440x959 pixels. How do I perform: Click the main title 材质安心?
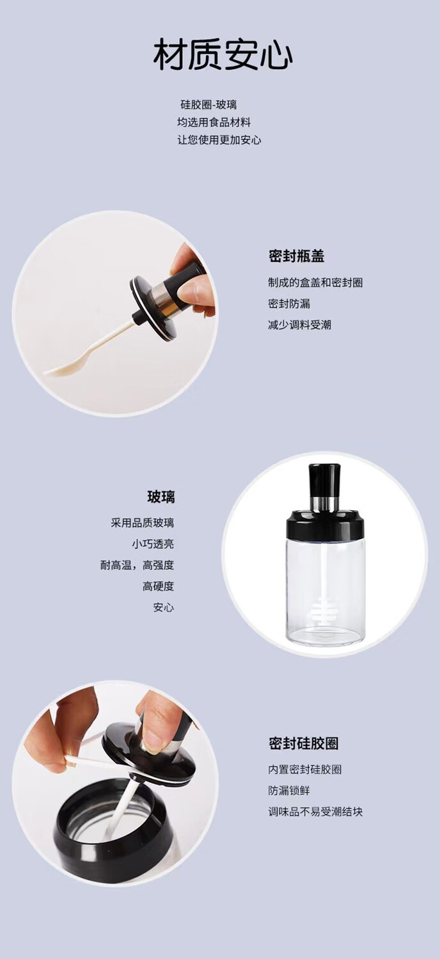tap(223, 54)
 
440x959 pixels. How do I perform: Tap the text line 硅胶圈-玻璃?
tap(208, 104)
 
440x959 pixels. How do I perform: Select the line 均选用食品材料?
tap(214, 122)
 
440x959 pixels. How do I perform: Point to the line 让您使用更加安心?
tap(219, 140)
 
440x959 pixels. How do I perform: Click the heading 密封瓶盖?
tap(296, 256)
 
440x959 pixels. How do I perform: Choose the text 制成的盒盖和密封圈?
tap(315, 282)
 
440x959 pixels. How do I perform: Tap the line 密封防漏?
tap(289, 304)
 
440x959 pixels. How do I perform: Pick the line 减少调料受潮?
tap(299, 325)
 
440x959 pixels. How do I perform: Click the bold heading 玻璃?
tap(161, 497)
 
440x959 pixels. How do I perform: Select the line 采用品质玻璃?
tap(143, 523)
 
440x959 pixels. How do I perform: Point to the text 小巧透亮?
tap(153, 544)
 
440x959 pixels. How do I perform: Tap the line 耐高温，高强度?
tap(137, 565)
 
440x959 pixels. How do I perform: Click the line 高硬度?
tap(158, 586)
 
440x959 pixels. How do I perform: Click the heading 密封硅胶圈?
tap(304, 743)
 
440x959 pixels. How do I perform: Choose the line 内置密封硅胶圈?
tap(305, 770)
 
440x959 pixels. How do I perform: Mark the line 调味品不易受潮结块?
tap(315, 812)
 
